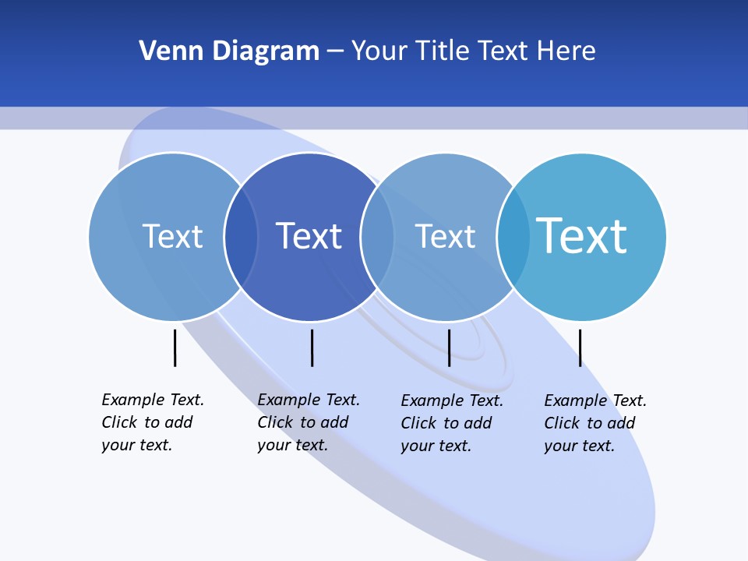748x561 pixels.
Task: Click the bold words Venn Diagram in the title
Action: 229,51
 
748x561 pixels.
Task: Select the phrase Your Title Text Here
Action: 473,51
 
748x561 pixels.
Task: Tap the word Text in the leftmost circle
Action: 172,236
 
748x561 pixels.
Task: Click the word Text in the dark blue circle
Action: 309,236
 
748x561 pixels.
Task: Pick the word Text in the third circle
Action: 445,236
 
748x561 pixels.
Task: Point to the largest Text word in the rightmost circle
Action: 581,235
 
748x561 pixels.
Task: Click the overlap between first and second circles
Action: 241,236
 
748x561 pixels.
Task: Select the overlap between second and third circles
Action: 377,236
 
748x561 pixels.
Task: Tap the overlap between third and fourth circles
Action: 513,236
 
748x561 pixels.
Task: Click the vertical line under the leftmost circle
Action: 175,348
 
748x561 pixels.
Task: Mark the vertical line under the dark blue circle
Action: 312,348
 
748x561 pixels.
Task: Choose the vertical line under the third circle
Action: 449,348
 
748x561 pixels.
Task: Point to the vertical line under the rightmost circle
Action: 580,348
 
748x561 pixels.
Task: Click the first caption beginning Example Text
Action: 153,422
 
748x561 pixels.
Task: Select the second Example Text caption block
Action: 309,422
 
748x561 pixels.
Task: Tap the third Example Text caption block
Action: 452,423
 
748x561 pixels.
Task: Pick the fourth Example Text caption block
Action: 595,423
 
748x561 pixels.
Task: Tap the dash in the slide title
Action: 335,52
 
